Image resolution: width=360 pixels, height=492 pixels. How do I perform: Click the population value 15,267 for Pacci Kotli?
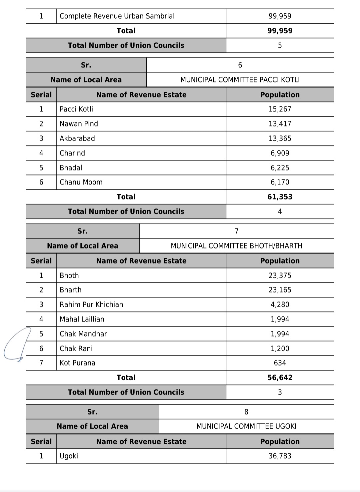point(280,109)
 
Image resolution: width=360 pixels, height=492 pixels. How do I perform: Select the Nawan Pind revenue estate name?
point(79,124)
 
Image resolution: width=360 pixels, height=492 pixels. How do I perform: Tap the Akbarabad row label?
point(77,138)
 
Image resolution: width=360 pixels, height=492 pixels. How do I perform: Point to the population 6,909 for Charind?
point(280,153)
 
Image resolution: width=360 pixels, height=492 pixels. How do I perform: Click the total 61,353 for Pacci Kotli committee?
point(280,197)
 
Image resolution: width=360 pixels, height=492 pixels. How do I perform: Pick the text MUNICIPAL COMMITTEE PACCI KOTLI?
point(240,80)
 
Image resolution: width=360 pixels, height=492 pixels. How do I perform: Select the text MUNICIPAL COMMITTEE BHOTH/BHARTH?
point(236,246)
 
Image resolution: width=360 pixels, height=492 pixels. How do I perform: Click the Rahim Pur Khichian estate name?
point(91,305)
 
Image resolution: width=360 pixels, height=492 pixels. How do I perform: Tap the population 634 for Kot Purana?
point(280,363)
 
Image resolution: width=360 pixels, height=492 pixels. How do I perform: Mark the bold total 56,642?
point(280,378)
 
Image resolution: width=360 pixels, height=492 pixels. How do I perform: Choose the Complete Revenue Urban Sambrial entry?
point(117,16)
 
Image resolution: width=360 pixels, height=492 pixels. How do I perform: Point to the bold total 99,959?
point(280,31)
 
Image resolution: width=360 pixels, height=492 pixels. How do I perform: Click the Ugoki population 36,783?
point(280,456)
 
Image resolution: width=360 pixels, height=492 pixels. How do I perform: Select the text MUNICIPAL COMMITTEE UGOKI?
point(246,426)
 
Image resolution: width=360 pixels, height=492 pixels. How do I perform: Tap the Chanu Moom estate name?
point(81,182)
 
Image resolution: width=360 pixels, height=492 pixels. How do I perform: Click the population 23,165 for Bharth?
point(280,290)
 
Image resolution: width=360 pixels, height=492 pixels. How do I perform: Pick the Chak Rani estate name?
point(76,349)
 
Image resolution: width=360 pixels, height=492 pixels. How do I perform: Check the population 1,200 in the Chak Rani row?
point(280,349)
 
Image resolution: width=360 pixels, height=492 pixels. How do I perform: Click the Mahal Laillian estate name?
point(82,319)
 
